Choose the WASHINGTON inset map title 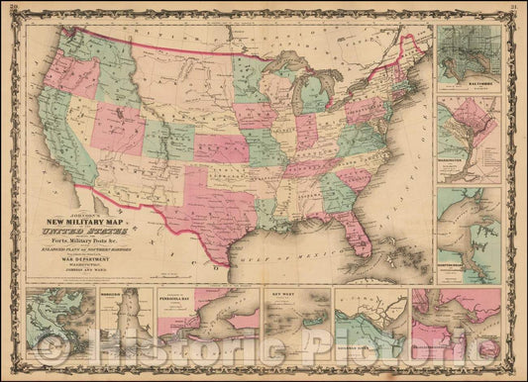coord(462,152)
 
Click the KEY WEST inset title coord(278,295)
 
